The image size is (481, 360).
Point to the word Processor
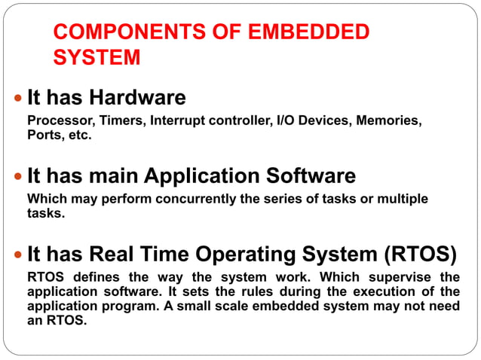pyautogui.click(x=55, y=121)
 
